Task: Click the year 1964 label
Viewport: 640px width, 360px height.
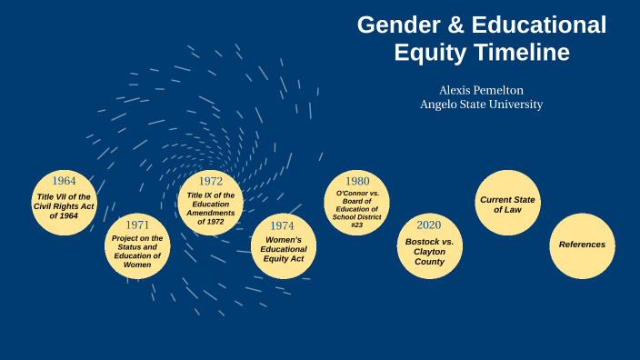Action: point(64,180)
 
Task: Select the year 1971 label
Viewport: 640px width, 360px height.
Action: point(138,225)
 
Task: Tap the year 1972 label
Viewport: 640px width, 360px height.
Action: point(211,181)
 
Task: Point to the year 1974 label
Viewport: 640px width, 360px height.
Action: point(284,225)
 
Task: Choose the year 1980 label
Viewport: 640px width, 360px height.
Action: point(356,181)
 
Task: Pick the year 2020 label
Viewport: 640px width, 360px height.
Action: point(429,225)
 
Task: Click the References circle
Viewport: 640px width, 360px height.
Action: point(582,245)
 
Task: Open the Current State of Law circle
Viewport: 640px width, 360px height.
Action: point(508,204)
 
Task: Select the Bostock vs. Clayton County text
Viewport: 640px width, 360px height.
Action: point(429,250)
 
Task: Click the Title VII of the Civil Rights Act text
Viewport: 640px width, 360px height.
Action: point(64,206)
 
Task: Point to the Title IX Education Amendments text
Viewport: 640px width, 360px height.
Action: point(211,208)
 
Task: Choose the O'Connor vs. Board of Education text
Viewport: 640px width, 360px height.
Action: point(356,208)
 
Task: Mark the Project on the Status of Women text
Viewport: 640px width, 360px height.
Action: point(138,252)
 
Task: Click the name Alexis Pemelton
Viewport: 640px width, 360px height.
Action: point(481,90)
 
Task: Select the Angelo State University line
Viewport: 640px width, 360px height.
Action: point(481,105)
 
